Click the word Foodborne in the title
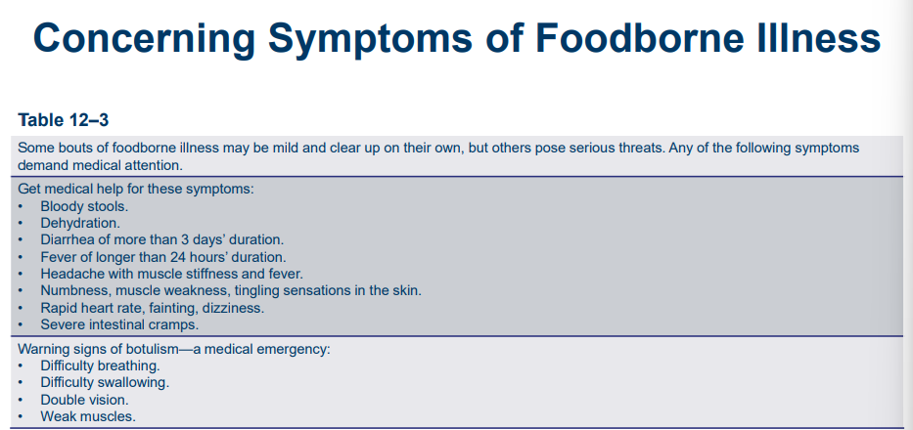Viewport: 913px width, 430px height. (x=631, y=37)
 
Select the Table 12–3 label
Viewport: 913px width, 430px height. (x=64, y=120)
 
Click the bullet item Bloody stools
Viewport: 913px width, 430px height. (x=84, y=206)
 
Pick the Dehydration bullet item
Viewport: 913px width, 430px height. (x=78, y=223)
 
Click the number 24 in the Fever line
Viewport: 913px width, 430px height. (x=177, y=257)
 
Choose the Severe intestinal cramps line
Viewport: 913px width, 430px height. (x=119, y=324)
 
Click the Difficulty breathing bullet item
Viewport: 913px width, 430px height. (x=100, y=366)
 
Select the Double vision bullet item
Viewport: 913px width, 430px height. (x=84, y=401)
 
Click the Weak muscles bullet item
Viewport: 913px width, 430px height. (x=88, y=417)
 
